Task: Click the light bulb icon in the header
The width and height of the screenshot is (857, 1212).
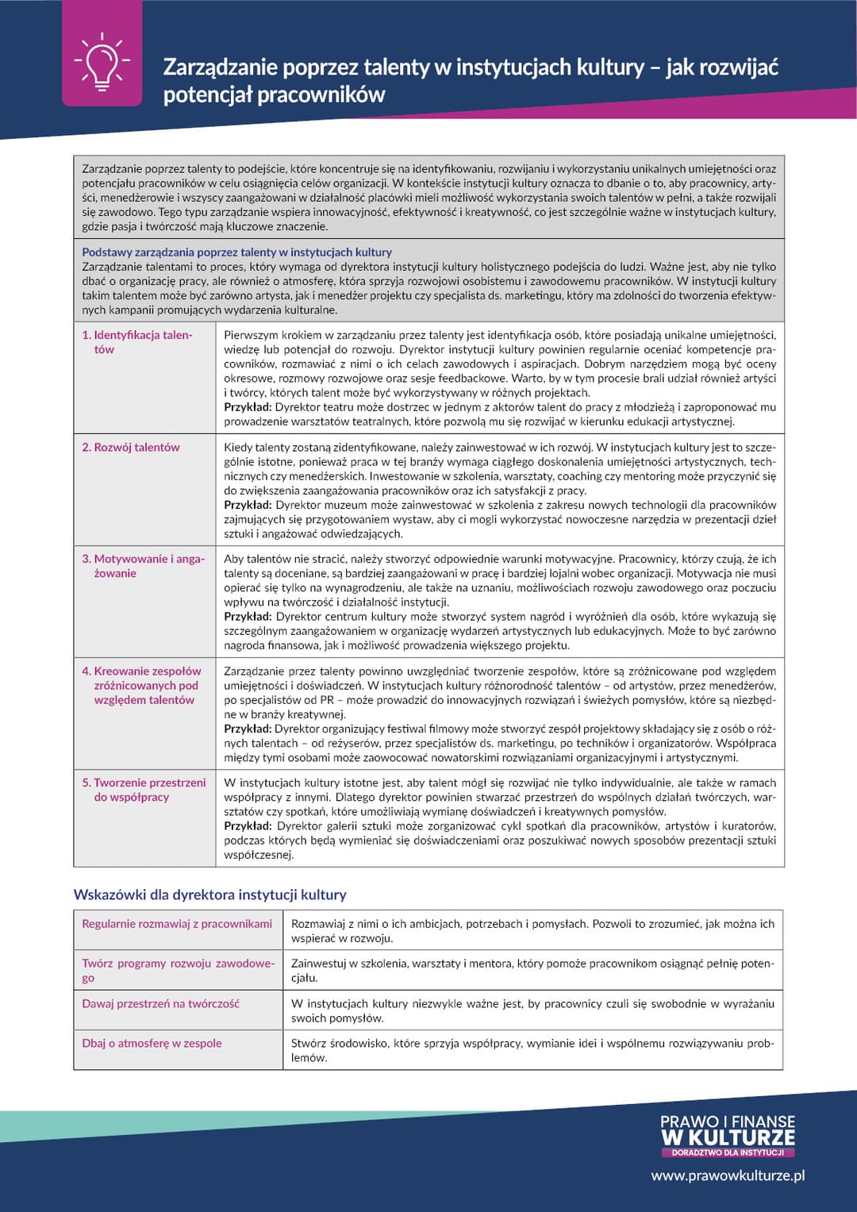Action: (x=102, y=61)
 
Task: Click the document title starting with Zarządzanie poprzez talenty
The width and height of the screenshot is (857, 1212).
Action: (x=470, y=80)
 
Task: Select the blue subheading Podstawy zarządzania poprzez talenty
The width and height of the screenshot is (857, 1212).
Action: (x=236, y=252)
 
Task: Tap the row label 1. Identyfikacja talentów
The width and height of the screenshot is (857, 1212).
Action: (x=136, y=342)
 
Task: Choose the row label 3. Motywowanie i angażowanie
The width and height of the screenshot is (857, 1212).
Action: (x=143, y=566)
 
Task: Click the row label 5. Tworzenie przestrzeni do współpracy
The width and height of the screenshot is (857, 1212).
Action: (x=143, y=789)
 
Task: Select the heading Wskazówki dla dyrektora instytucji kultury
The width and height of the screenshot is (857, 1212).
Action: (x=209, y=895)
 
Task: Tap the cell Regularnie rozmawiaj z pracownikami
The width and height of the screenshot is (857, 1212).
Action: (x=176, y=924)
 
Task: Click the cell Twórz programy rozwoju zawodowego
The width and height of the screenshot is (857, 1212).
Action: (x=177, y=970)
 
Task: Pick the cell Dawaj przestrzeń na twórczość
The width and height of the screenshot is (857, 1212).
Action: (x=160, y=1003)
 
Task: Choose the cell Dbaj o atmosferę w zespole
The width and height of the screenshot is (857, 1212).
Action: (x=152, y=1043)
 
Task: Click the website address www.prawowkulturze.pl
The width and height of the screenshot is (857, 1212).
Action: (x=728, y=1175)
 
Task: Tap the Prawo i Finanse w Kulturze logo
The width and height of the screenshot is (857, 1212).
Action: (x=727, y=1130)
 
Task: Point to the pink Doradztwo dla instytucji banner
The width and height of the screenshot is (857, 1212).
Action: (x=727, y=1152)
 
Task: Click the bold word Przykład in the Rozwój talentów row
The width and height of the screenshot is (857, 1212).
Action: (x=248, y=505)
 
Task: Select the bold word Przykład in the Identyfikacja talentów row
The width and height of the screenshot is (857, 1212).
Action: (x=248, y=407)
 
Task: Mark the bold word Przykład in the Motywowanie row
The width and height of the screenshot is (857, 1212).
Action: (x=248, y=617)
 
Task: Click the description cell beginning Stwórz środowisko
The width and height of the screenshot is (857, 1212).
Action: (x=532, y=1050)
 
